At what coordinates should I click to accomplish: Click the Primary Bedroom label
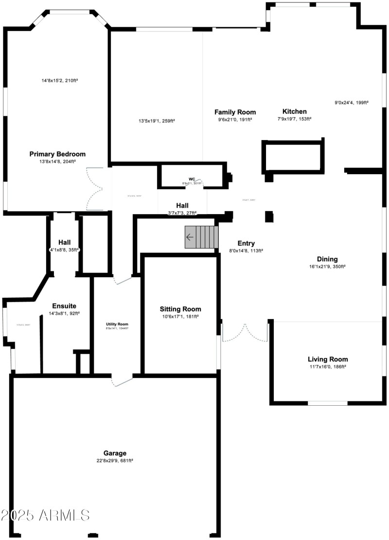pyautogui.click(x=57, y=154)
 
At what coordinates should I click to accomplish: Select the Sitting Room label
pyautogui.click(x=180, y=309)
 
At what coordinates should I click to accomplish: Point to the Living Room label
pyautogui.click(x=327, y=359)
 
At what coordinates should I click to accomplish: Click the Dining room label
pyautogui.click(x=327, y=259)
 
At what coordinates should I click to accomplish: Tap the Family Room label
pyautogui.click(x=235, y=112)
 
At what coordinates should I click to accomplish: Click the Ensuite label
pyautogui.click(x=64, y=306)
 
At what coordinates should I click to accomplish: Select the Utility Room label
pyautogui.click(x=117, y=324)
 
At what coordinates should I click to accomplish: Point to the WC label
pyautogui.click(x=192, y=179)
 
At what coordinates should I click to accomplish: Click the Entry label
pyautogui.click(x=246, y=243)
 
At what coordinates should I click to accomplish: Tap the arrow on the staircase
pyautogui.click(x=190, y=237)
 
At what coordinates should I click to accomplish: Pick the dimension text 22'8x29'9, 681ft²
pyautogui.click(x=115, y=460)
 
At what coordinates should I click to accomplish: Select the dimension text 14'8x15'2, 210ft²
pyautogui.click(x=59, y=80)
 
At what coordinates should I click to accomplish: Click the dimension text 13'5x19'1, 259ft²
pyautogui.click(x=157, y=121)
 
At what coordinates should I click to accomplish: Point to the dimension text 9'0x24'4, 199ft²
pyautogui.click(x=352, y=103)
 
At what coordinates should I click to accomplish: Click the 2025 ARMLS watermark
pyautogui.click(x=45, y=515)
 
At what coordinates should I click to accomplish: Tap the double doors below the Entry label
pyautogui.click(x=245, y=332)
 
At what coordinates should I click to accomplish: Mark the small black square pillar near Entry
pyautogui.click(x=269, y=216)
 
